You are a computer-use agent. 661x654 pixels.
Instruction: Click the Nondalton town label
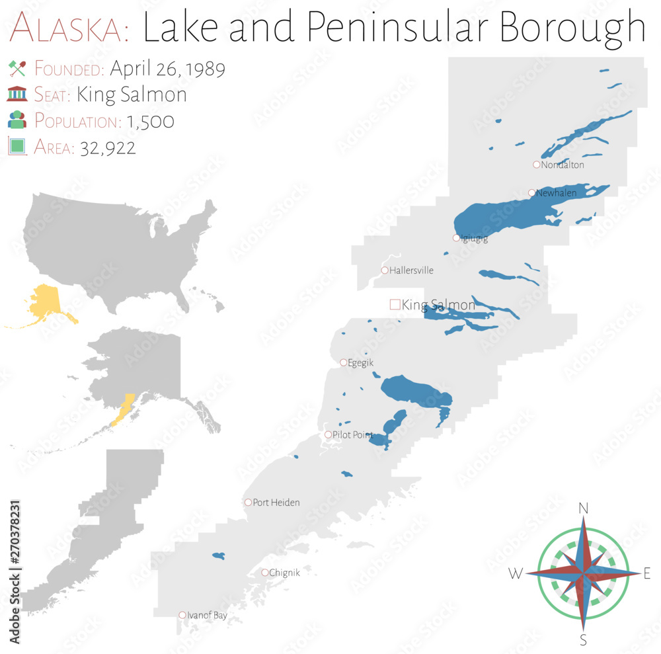[x=563, y=165]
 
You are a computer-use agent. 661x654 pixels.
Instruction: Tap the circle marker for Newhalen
[x=531, y=193]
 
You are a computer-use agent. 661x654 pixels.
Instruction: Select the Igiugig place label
[x=474, y=239]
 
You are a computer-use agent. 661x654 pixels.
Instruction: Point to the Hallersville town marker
[x=385, y=270]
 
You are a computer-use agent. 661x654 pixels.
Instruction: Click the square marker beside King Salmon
[x=395, y=304]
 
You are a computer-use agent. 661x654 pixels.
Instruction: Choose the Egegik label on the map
[x=360, y=362]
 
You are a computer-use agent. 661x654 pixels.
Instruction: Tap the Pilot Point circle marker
[x=329, y=434]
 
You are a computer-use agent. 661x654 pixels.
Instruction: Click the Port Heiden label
[x=276, y=503]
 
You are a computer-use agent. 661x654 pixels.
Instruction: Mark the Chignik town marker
[x=265, y=573]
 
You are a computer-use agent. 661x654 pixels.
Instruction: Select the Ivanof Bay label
[x=208, y=615]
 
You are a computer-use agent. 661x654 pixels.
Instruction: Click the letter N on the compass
[x=584, y=509]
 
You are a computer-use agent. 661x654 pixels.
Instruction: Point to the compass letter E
[x=647, y=574]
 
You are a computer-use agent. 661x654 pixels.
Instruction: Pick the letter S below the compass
[x=584, y=639]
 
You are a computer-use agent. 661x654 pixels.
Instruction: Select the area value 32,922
[x=108, y=147]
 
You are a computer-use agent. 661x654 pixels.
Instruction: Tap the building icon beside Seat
[x=17, y=95]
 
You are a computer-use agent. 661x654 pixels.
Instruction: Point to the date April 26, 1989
[x=167, y=69]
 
